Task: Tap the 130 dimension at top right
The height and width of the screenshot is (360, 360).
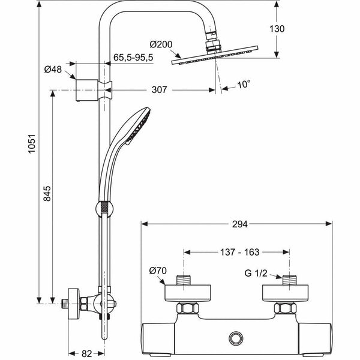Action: (x=293, y=28)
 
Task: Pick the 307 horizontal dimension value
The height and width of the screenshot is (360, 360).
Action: (x=158, y=90)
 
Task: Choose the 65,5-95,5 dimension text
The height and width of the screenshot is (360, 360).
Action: (x=134, y=58)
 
